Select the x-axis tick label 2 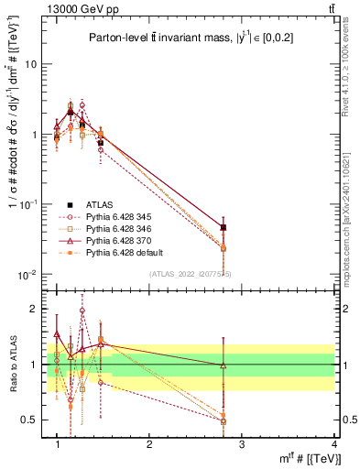coord(149,444)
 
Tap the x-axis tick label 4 coord(335,444)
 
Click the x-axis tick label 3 coord(242,444)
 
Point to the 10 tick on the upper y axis coord(30,64)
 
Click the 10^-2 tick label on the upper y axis coord(27,275)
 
